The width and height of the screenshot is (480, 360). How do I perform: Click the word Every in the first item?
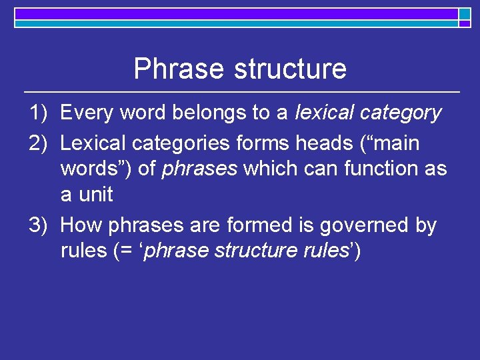pos(87,113)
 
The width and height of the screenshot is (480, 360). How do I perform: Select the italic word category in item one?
pos(400,113)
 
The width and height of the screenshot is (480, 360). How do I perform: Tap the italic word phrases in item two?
pos(199,169)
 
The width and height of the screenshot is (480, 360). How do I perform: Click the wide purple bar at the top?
pos(236,13)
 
